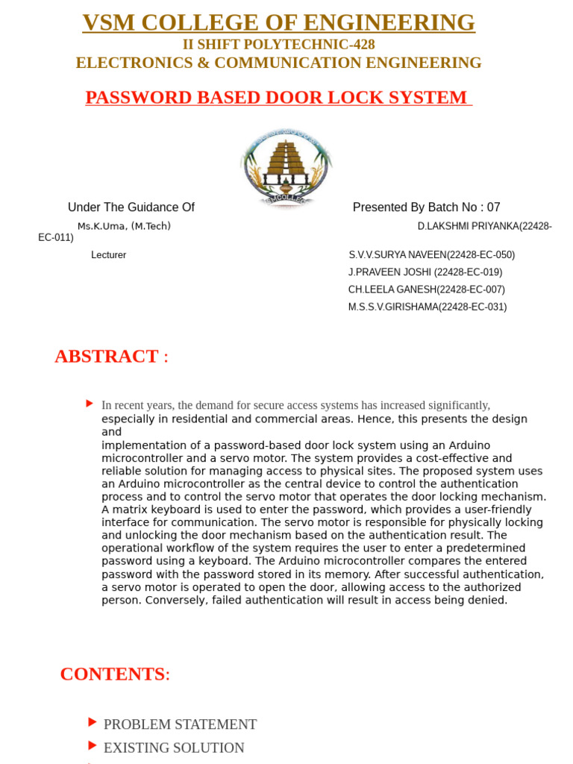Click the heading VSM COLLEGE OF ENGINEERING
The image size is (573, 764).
[x=278, y=22]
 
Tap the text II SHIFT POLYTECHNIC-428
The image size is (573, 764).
[x=278, y=45]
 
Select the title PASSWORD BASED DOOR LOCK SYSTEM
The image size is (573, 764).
[x=278, y=98]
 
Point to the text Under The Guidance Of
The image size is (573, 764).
[x=131, y=207]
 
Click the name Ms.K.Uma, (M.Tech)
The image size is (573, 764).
[x=124, y=226]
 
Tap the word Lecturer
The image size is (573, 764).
[x=109, y=255]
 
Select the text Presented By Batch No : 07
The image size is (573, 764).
[x=426, y=207]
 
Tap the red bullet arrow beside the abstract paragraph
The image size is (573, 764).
[x=90, y=404]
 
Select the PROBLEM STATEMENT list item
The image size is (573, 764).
[x=180, y=724]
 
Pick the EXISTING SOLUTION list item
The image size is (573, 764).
[x=174, y=748]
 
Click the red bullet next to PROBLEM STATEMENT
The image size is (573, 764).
[x=92, y=722]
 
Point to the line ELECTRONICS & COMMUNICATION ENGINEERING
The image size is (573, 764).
[x=278, y=63]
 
